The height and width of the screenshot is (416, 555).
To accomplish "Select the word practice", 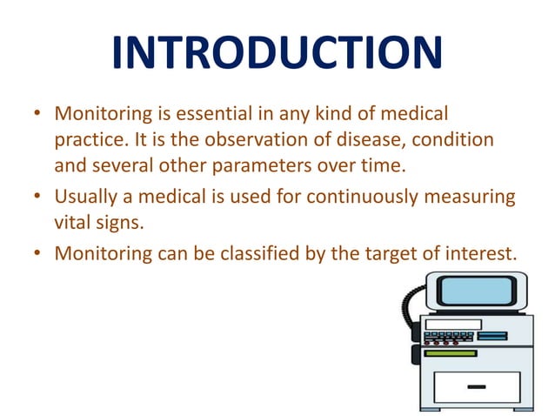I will (87, 139).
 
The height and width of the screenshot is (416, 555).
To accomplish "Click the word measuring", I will (471, 197).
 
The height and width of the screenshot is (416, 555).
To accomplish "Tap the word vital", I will (72, 221).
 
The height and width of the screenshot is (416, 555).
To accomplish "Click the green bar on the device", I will (451, 352).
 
